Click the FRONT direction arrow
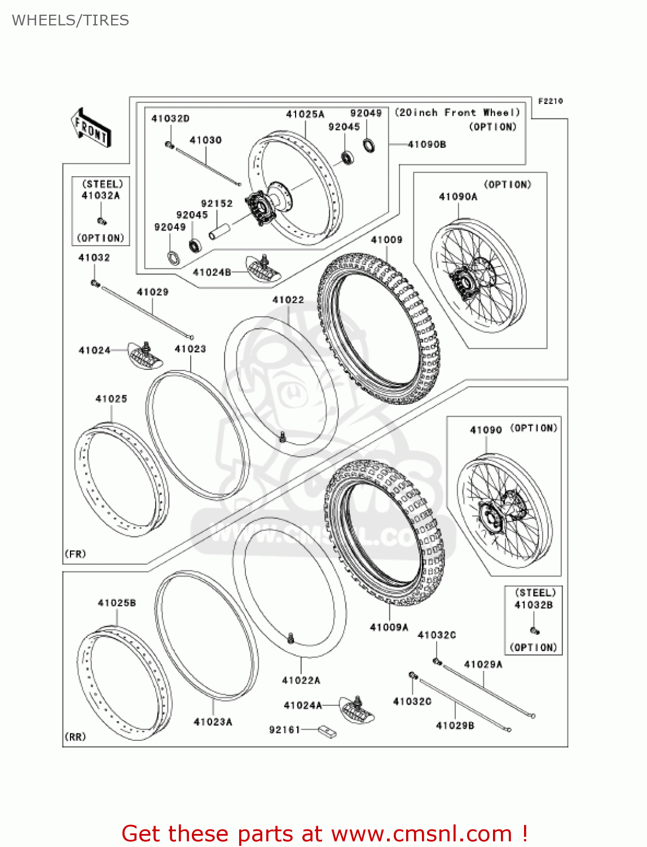pos(91,128)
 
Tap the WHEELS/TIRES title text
pos(71,20)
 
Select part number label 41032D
pos(170,119)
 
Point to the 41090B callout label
pos(426,145)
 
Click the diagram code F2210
pos(550,101)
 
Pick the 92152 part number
pos(217,203)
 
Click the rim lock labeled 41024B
pos(263,267)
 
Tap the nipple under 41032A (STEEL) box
pos(102,221)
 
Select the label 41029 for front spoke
pos(152,292)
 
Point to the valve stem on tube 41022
pos(282,436)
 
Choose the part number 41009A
pos(389,627)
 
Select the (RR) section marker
pos(75,737)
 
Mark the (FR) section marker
pos(75,554)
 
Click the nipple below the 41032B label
pos(534,630)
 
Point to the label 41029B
pos(455,726)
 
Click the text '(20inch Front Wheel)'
pos(457,113)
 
